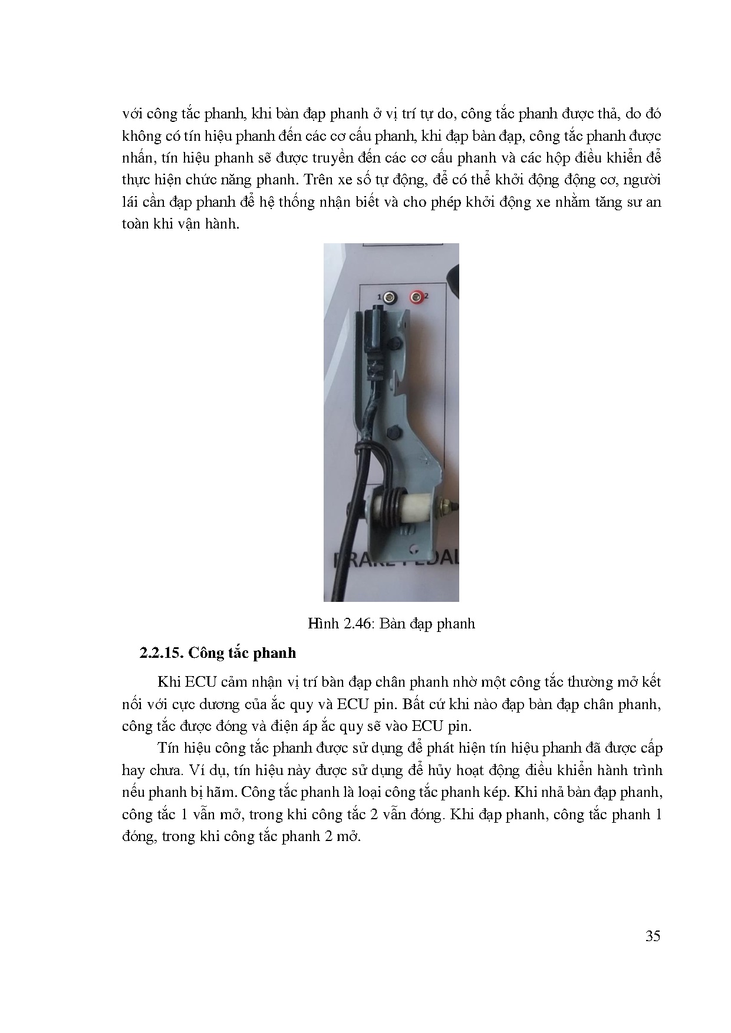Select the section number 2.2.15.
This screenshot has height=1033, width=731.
(161, 653)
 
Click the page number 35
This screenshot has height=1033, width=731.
(653, 936)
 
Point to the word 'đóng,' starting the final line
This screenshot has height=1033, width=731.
(139, 837)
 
